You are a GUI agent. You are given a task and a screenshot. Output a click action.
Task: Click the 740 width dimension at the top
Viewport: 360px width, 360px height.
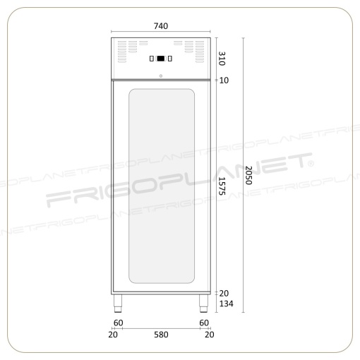tap(161, 26)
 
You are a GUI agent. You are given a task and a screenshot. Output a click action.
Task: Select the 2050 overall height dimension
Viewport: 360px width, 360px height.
tap(248, 175)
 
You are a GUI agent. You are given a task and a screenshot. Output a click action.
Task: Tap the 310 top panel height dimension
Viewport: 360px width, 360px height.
tap(222, 59)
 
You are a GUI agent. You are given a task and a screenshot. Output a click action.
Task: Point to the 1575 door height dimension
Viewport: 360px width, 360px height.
tap(222, 186)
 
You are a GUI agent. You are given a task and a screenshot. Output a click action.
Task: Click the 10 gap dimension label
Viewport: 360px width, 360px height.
tap(224, 80)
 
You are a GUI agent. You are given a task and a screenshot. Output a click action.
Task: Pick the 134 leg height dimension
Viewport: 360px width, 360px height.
tap(227, 304)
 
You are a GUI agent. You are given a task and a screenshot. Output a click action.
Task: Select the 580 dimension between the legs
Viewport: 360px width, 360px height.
tap(161, 335)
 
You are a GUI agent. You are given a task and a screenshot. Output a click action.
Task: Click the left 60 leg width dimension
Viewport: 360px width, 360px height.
tap(119, 323)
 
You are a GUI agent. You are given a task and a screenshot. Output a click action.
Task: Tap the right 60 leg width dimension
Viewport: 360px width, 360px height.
tap(204, 323)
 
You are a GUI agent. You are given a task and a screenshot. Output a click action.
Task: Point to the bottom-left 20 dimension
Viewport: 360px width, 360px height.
tap(113, 335)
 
